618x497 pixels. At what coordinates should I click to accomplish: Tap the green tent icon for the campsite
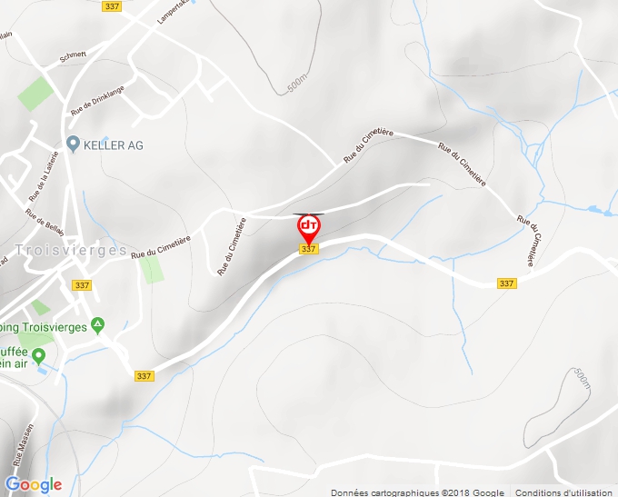coord(98,325)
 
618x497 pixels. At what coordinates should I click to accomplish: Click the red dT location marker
coord(308,225)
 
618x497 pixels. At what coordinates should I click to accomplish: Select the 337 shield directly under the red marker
coord(308,249)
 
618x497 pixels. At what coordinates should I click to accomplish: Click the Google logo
coord(34,484)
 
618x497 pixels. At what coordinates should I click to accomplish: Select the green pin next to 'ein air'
coord(38,354)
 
